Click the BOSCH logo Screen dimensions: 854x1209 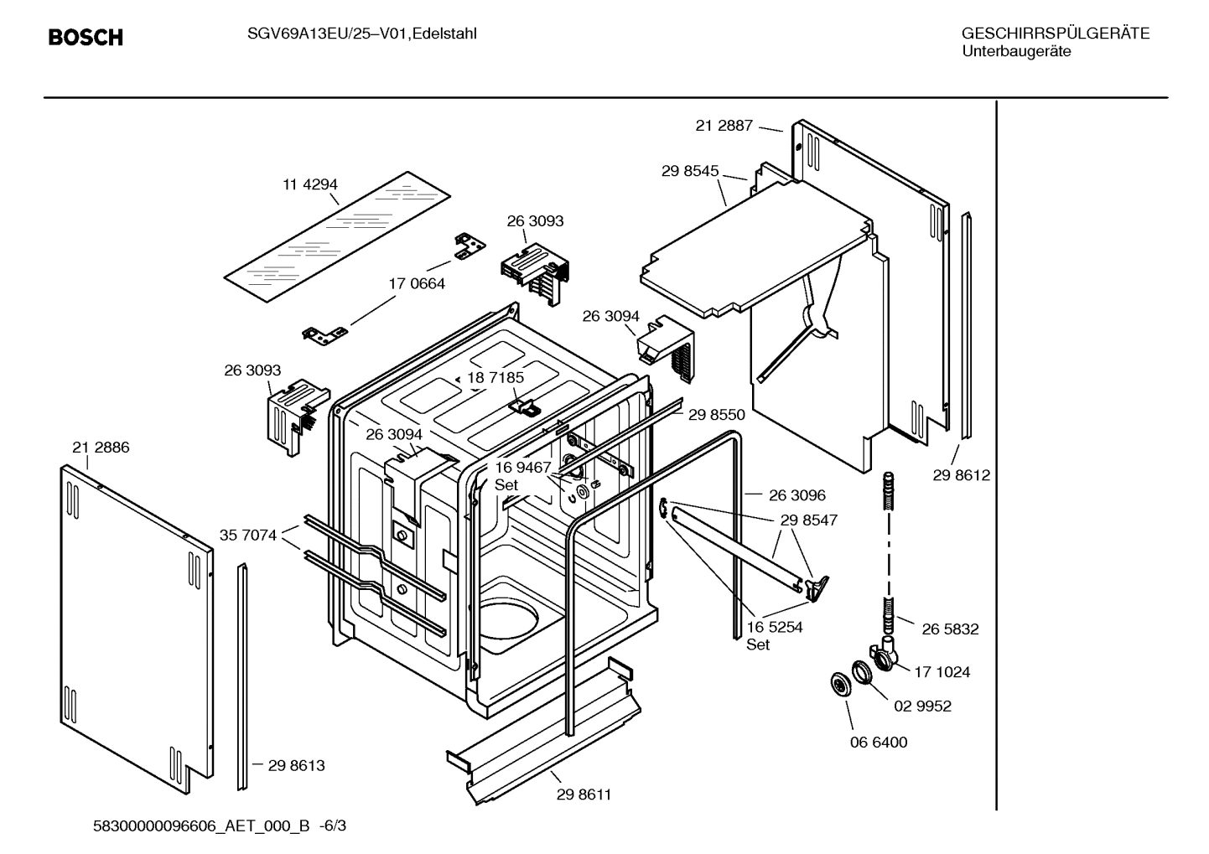(86, 38)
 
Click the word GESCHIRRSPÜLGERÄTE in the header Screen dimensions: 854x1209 (1055, 34)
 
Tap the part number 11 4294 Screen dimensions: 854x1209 (309, 185)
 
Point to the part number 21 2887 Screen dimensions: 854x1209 (724, 126)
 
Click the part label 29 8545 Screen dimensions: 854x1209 (689, 171)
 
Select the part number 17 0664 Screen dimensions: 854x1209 (417, 284)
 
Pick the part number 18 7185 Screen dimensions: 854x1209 (495, 378)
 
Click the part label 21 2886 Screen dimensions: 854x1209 (101, 448)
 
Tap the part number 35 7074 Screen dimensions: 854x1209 (247, 535)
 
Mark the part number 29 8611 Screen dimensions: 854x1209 (584, 794)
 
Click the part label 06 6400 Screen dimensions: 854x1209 (879, 743)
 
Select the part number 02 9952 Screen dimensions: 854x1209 (922, 706)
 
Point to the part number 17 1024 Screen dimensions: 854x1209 (942, 672)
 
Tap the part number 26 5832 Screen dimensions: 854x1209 (950, 629)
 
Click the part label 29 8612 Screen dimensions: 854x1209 (961, 475)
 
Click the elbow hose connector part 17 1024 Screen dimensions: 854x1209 (882, 655)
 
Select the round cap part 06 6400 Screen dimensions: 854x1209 (838, 684)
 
